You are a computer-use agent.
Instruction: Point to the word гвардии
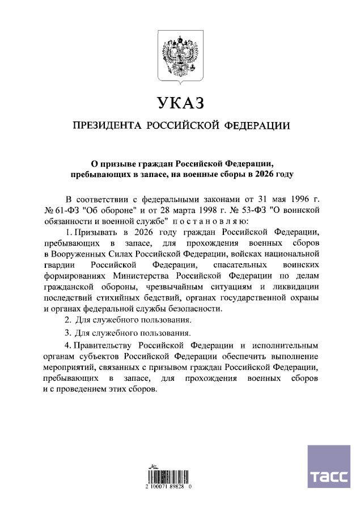click(58, 264)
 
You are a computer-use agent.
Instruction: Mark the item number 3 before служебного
click(67, 332)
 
